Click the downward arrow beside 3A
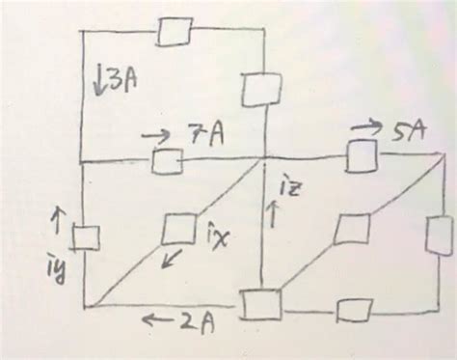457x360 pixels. (100, 80)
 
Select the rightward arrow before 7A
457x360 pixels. (157, 134)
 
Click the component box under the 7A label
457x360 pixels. (168, 162)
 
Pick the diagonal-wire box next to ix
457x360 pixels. (178, 229)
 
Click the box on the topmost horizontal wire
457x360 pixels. (175, 32)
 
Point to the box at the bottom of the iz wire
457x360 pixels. (260, 303)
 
